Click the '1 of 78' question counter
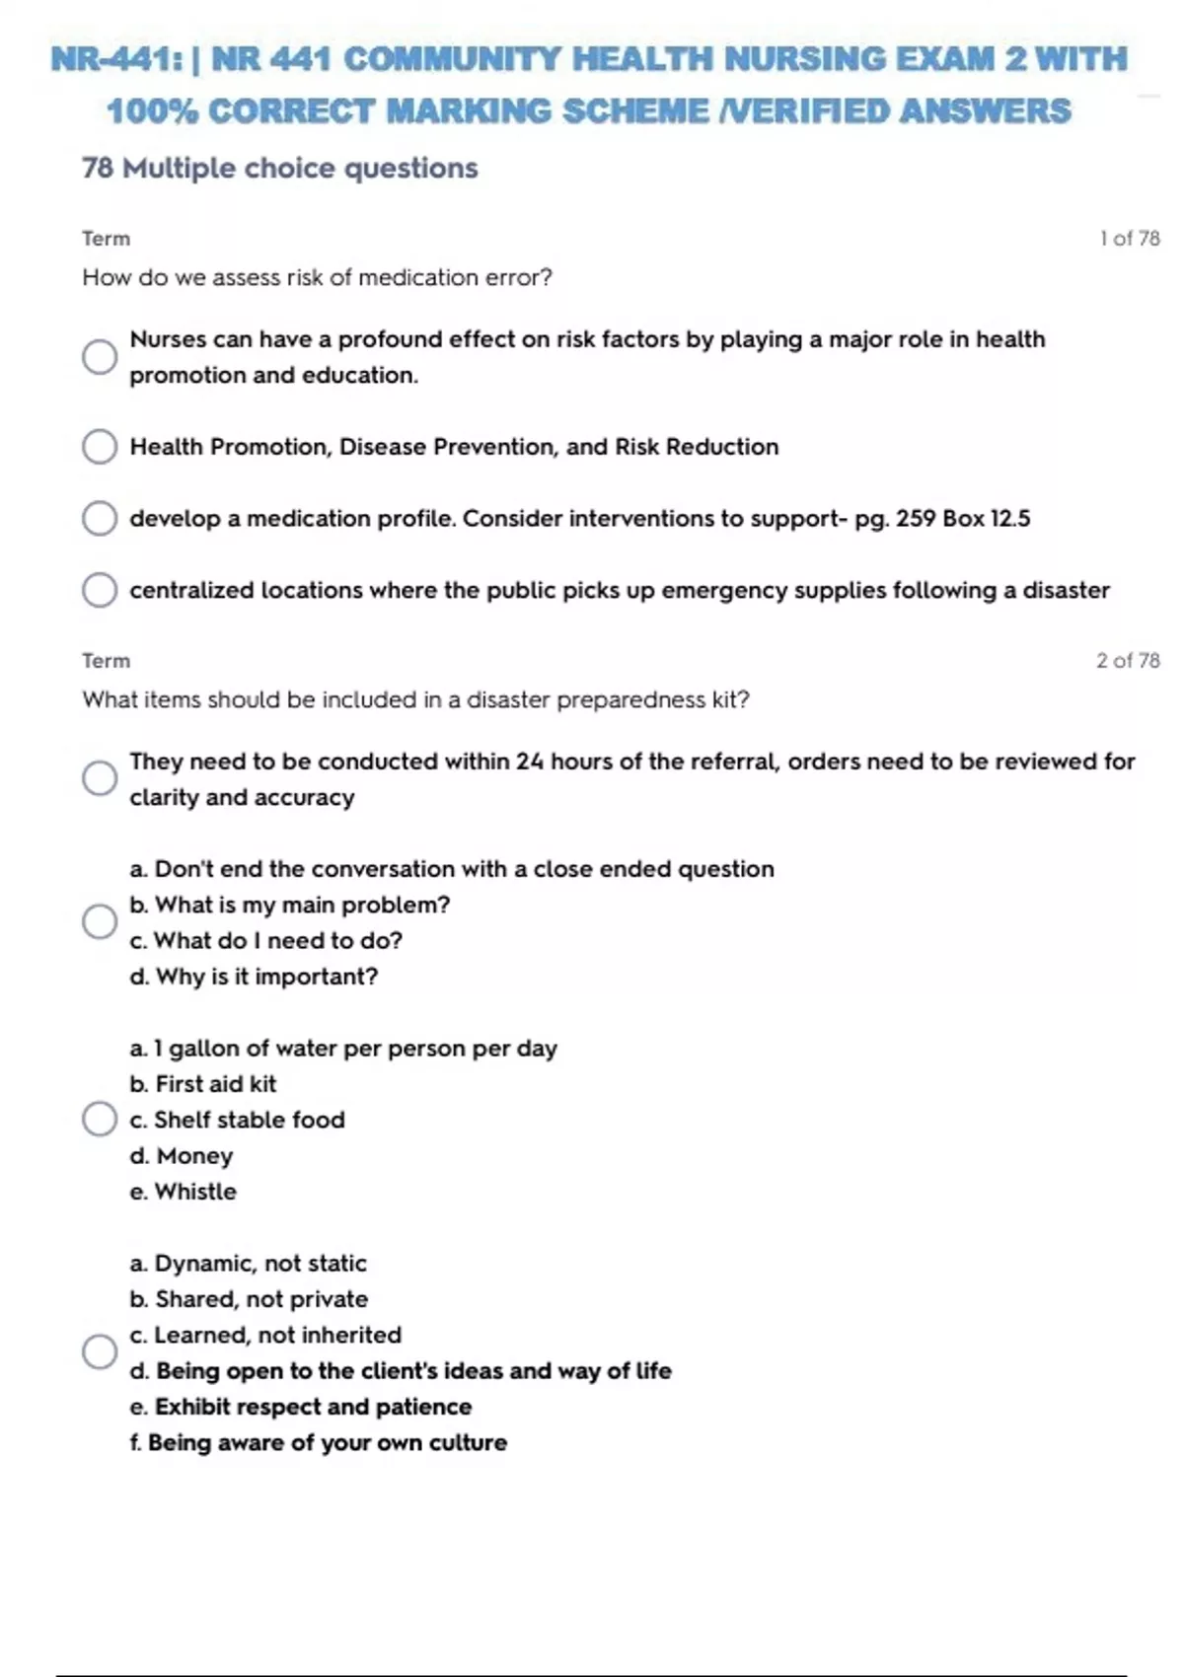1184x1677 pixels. [1130, 239]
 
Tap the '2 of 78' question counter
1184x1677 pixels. [1128, 661]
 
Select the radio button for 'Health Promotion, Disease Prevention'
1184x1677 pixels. [100, 447]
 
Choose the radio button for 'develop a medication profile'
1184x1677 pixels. [100, 518]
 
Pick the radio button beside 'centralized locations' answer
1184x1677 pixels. [100, 590]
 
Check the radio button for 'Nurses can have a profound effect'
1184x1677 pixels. [100, 356]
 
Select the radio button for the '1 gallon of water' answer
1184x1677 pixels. [100, 1120]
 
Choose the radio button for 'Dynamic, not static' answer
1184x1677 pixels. [100, 1351]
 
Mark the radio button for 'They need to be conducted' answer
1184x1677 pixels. [100, 778]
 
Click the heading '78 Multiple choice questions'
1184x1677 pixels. [280, 169]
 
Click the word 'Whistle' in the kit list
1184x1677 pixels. [195, 1192]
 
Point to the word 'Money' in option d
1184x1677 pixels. [194, 1156]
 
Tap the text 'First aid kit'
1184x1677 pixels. [216, 1084]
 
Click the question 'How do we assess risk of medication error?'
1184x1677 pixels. [317, 278]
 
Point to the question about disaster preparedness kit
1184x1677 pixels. [415, 700]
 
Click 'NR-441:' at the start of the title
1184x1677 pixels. [116, 59]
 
